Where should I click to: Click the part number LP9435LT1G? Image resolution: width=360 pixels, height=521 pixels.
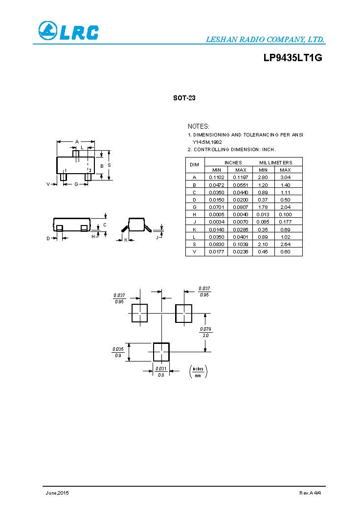point(292,58)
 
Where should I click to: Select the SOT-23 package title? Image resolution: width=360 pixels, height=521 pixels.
point(184,98)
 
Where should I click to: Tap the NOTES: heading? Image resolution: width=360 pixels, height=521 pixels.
point(199,126)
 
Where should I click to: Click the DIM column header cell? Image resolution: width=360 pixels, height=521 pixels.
point(194,165)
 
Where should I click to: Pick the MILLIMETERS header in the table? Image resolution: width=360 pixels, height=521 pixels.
point(275,162)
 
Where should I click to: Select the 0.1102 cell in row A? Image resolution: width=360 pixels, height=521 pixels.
point(216,177)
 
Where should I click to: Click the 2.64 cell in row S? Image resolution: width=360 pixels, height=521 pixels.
point(285,244)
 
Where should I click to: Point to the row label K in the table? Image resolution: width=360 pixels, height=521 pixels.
point(194,229)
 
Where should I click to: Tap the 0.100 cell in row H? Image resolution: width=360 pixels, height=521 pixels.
point(285,214)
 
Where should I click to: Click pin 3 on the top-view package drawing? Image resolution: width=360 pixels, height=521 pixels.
point(76,154)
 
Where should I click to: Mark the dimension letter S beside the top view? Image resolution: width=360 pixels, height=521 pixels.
point(109,165)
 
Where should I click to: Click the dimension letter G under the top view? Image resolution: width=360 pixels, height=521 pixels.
point(76,184)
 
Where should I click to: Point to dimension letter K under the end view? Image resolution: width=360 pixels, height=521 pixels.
point(126,240)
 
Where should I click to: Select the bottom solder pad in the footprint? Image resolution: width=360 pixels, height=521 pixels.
point(161,351)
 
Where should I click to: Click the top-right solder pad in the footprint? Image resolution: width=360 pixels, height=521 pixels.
point(183,313)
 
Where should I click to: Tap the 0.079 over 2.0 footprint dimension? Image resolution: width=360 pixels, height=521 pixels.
point(205,332)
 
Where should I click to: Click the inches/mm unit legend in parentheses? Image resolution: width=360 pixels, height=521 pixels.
point(198,372)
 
